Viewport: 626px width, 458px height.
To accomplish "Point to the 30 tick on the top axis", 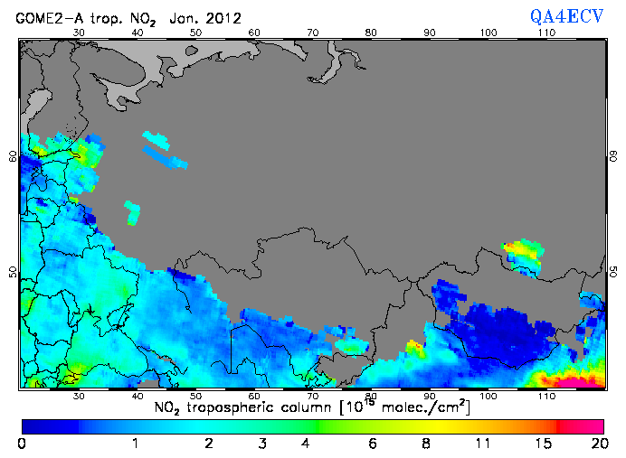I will coord(79,33).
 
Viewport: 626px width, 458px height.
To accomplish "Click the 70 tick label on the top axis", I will coord(312,33).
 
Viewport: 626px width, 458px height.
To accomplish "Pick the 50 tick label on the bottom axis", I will coord(195,396).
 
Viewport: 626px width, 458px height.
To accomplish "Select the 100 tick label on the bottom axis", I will coord(488,396).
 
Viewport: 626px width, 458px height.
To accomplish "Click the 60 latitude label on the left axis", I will coord(13,155).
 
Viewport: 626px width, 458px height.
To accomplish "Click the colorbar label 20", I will coord(597,444).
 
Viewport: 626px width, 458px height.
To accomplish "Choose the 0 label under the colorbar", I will coord(22,444).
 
